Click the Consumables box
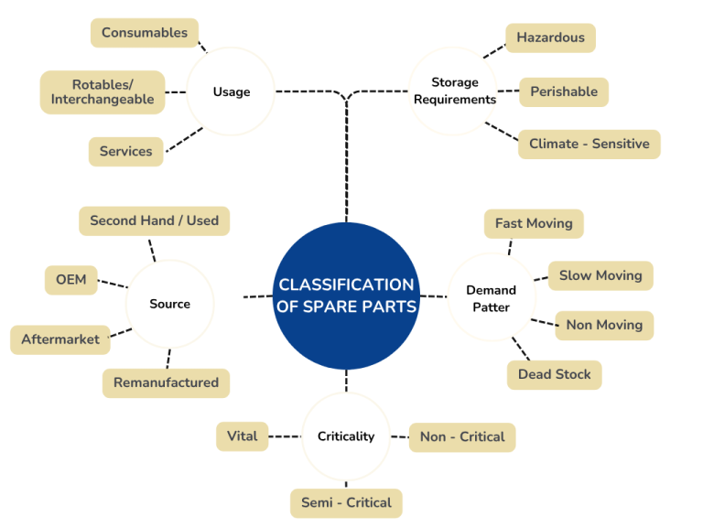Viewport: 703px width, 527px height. pyautogui.click(x=145, y=33)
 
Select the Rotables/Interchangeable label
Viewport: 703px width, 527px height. pyautogui.click(x=103, y=92)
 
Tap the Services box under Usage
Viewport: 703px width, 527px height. pyautogui.click(x=126, y=151)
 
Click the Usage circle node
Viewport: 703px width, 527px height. pyautogui.click(x=231, y=91)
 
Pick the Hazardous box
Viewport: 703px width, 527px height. pyautogui.click(x=550, y=38)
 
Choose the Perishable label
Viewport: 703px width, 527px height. pyautogui.click(x=563, y=91)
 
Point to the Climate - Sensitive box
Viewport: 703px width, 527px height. pyautogui.click(x=589, y=144)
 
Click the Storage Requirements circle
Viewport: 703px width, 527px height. pyautogui.click(x=454, y=91)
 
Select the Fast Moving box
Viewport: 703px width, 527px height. pyautogui.click(x=534, y=223)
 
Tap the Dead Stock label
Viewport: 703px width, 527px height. pyautogui.click(x=554, y=374)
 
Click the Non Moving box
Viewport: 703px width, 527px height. pyautogui.click(x=604, y=325)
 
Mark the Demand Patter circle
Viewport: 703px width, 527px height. pyautogui.click(x=492, y=298)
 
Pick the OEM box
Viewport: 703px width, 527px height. pyautogui.click(x=70, y=279)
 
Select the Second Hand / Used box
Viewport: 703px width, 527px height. pyautogui.click(x=154, y=220)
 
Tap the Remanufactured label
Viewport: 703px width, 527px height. pyautogui.click(x=166, y=382)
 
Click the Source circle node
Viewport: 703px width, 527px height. pyautogui.click(x=170, y=304)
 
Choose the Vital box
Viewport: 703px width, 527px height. pyautogui.click(x=242, y=436)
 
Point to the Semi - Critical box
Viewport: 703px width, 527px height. pyautogui.click(x=346, y=502)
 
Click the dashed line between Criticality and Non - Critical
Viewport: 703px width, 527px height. pyautogui.click(x=399, y=437)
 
